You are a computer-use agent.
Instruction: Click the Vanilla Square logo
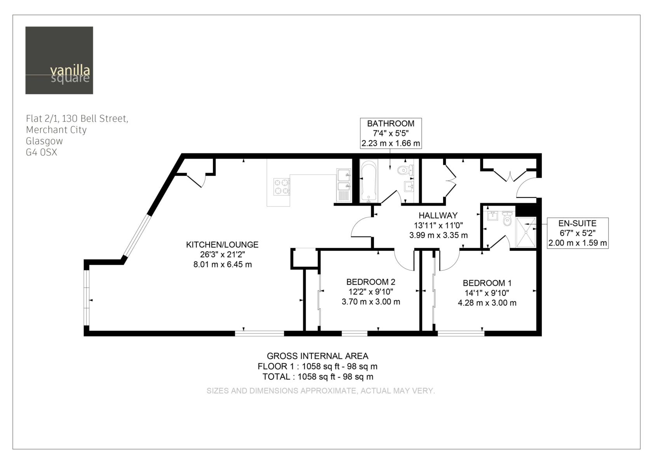(x=59, y=60)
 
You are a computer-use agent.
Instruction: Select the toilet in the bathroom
(x=405, y=170)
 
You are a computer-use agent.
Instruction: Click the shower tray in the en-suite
(x=526, y=232)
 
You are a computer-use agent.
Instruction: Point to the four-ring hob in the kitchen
(x=281, y=187)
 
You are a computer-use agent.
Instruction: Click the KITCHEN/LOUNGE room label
(x=222, y=245)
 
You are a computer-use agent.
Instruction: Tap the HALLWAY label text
(x=438, y=215)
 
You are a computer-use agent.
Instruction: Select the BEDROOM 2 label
(x=371, y=282)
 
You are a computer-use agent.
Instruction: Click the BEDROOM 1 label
(x=487, y=283)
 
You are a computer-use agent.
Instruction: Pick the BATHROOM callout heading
(x=391, y=124)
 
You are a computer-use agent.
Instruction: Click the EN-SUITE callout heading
(x=577, y=223)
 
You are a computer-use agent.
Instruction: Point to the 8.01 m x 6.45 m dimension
(x=222, y=264)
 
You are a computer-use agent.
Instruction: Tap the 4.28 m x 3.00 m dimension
(x=487, y=302)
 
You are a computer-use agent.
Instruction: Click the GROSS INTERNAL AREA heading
(x=318, y=356)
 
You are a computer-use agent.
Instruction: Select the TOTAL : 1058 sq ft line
(x=318, y=377)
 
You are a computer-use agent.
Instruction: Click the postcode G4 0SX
(x=41, y=152)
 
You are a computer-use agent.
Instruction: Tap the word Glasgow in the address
(x=44, y=141)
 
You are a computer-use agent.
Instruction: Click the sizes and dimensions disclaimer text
(x=321, y=391)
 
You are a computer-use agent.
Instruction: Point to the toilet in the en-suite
(x=507, y=219)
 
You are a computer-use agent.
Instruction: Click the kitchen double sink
(x=344, y=185)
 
